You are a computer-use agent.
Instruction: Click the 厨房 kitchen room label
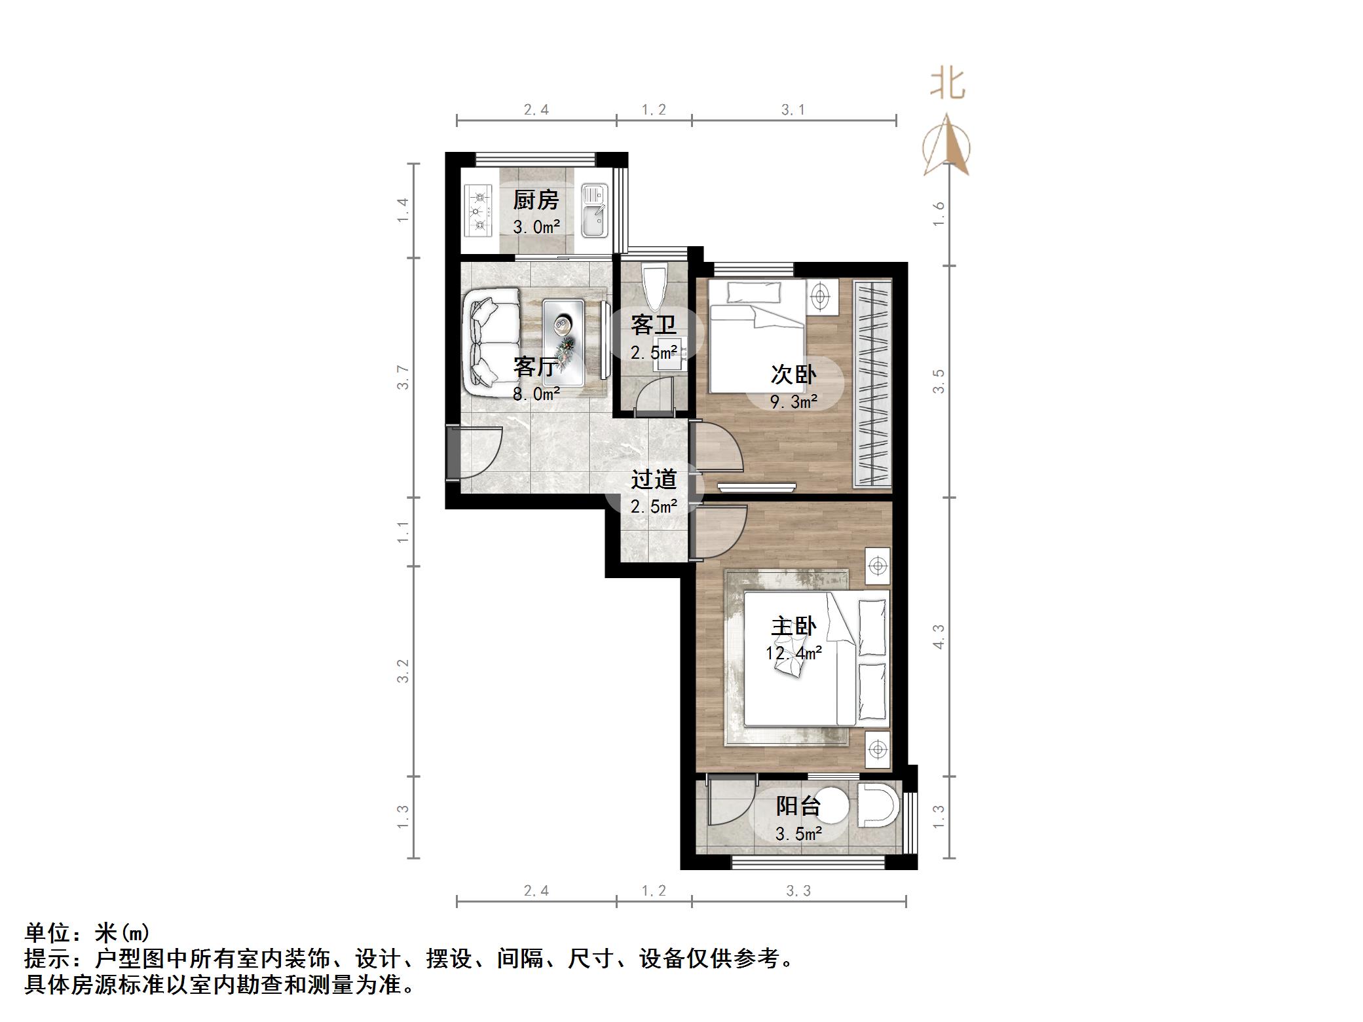point(536,200)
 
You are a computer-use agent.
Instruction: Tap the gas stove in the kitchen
point(478,210)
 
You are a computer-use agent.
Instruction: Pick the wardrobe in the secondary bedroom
point(872,384)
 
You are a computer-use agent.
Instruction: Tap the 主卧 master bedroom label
point(793,627)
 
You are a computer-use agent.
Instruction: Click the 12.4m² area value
point(793,653)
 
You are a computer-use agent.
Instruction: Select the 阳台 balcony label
point(798,806)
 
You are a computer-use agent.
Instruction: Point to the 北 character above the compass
point(947,84)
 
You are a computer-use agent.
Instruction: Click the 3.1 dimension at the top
point(793,110)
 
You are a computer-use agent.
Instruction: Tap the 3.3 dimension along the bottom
point(798,890)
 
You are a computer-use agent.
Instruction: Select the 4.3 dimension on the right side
point(939,636)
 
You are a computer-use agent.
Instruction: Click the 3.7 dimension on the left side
point(403,378)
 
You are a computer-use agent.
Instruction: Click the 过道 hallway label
point(653,479)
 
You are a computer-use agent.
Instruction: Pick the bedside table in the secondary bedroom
point(821,297)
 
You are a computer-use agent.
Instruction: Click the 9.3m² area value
point(793,401)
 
